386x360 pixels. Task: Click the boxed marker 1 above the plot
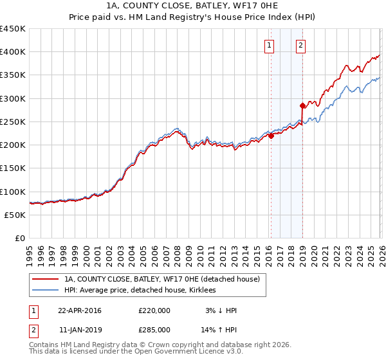(268, 45)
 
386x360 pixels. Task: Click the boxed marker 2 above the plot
(300, 45)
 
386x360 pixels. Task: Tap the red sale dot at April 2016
(271, 136)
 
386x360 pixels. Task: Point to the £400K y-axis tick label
(12, 52)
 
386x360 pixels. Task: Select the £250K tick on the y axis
(12, 122)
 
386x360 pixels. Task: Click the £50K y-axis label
(15, 215)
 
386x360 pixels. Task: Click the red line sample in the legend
(45, 280)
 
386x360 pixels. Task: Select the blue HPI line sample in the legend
(45, 291)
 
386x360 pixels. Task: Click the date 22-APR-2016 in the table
(80, 310)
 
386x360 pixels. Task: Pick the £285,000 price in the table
(154, 330)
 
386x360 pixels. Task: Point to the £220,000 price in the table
(154, 310)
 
